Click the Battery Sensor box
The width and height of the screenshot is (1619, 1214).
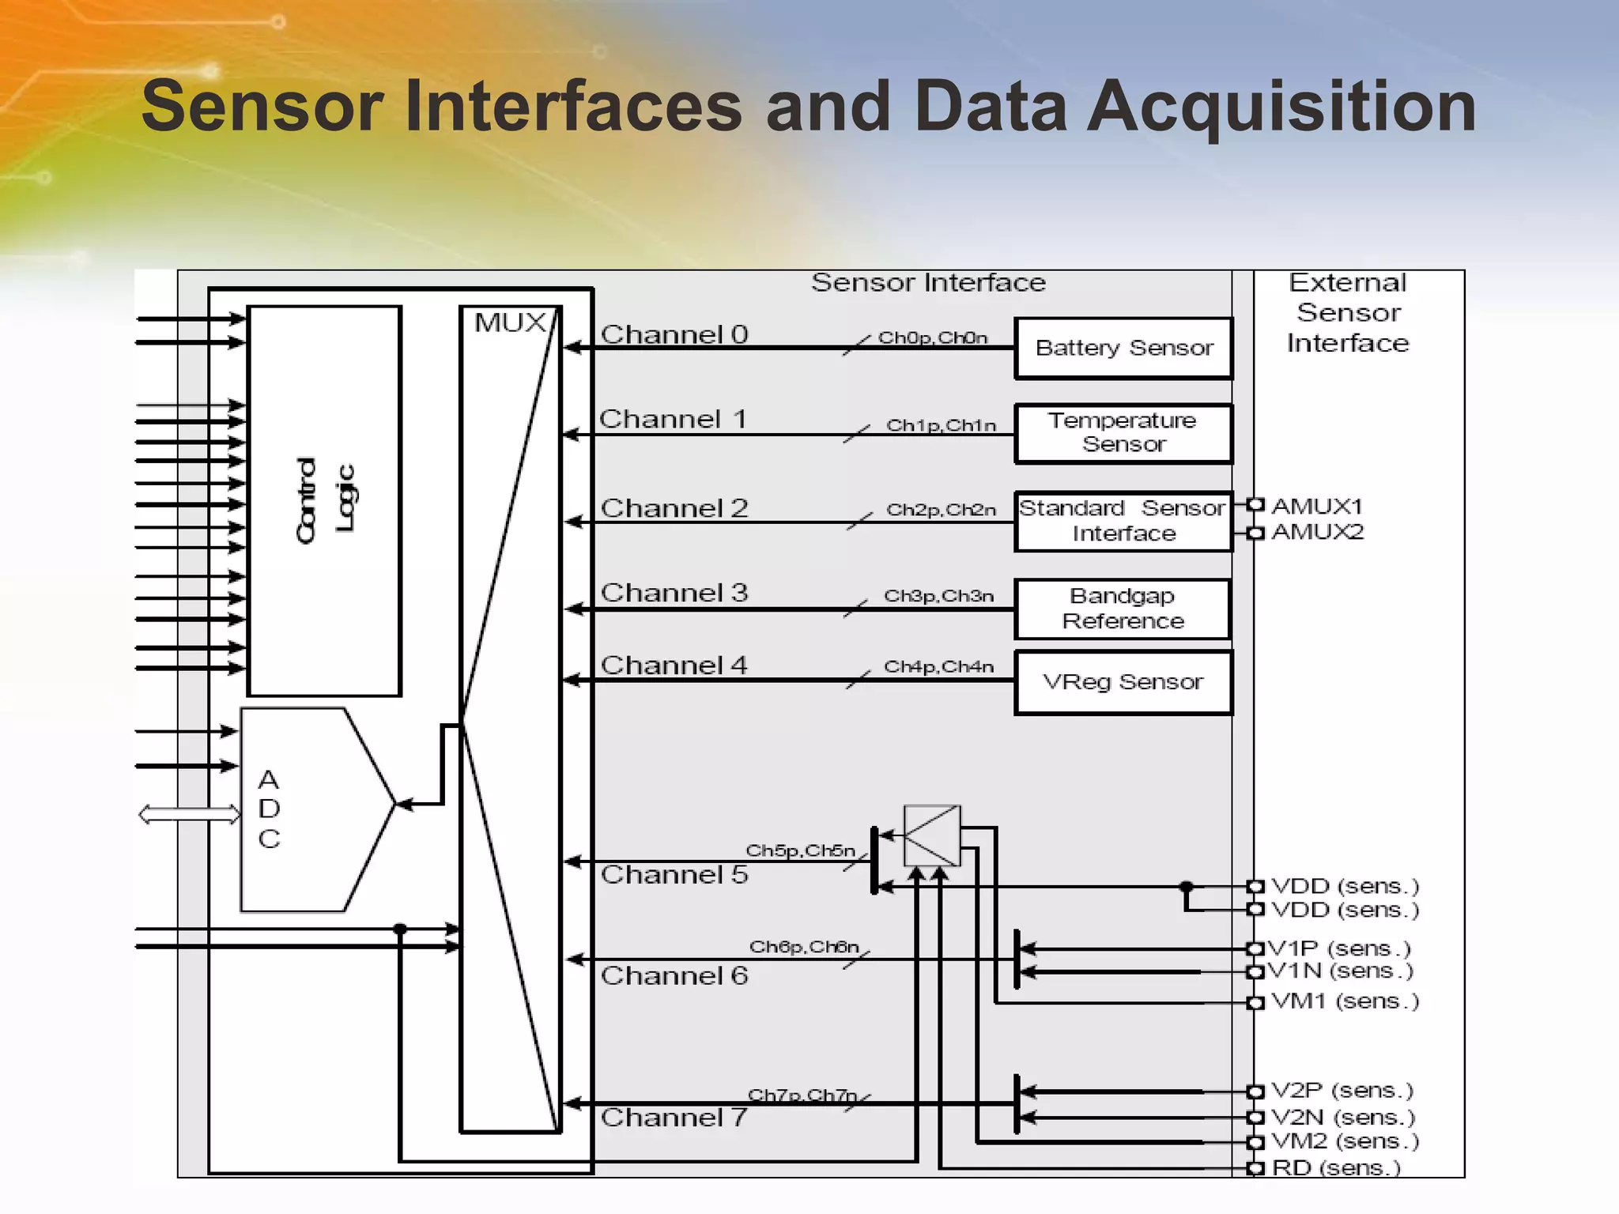click(x=1123, y=349)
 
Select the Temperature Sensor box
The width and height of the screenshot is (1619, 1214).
click(x=1123, y=433)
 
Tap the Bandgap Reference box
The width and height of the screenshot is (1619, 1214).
click(x=1123, y=609)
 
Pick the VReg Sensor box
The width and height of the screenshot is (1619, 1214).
click(x=1123, y=682)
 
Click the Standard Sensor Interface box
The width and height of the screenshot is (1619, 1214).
click(x=1123, y=521)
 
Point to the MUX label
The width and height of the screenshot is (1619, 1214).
click(x=510, y=322)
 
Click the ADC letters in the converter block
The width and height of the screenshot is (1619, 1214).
click(x=269, y=809)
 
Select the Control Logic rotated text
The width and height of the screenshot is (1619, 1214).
click(x=325, y=500)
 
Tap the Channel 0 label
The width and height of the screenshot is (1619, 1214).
click(x=674, y=334)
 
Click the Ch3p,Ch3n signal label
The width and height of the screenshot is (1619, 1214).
click(x=938, y=595)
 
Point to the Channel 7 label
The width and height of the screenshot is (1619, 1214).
click(x=674, y=1118)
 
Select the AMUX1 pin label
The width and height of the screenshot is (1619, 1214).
click(x=1316, y=506)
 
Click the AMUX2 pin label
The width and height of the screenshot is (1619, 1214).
click(x=1317, y=532)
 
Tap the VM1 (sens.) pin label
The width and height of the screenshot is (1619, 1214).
click(x=1345, y=1001)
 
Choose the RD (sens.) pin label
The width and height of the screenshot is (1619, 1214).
click(x=1336, y=1167)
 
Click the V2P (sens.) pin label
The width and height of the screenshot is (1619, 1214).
click(x=1342, y=1091)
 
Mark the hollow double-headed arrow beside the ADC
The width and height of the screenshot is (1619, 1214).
click(x=189, y=814)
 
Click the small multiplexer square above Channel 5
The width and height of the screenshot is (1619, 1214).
click(x=932, y=835)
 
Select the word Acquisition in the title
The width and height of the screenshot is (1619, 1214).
click(x=1281, y=107)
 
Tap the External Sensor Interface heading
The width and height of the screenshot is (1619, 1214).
click(x=1348, y=313)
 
